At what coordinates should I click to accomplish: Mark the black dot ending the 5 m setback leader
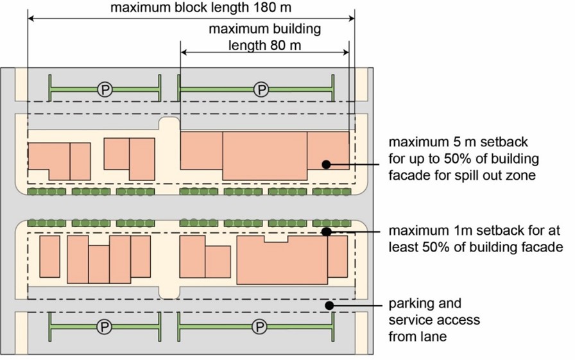tap(327, 164)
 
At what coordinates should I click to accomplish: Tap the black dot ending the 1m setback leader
tap(327, 232)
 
